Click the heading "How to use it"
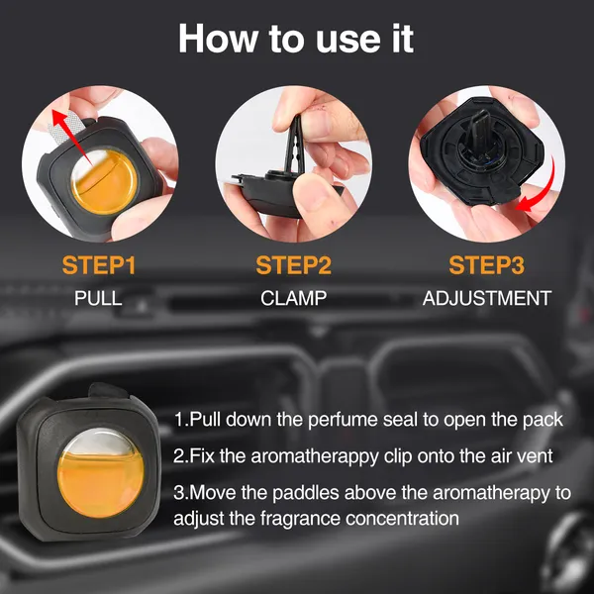296,40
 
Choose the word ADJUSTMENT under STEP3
486,298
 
